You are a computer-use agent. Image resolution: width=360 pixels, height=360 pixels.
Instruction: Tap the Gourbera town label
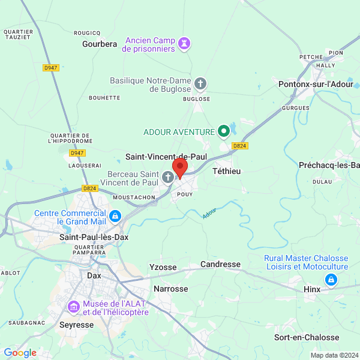click(x=100, y=44)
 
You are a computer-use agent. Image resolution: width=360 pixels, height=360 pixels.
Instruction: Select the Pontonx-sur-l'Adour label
click(x=316, y=85)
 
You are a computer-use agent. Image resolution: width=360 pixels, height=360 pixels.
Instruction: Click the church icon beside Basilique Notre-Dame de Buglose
click(x=200, y=84)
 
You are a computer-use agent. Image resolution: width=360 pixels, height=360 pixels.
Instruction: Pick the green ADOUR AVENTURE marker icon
click(x=224, y=130)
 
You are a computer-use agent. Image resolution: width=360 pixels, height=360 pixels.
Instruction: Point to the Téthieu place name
click(x=227, y=171)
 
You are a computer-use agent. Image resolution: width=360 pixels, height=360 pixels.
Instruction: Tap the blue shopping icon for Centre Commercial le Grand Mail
click(x=115, y=215)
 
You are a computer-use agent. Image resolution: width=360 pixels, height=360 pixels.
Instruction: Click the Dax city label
click(x=94, y=275)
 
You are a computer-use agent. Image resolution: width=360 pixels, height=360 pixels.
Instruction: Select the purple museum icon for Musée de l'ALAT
click(x=74, y=307)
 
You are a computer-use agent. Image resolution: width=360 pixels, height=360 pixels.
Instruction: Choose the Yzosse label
click(x=163, y=267)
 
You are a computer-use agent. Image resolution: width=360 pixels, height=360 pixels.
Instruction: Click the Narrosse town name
click(x=171, y=289)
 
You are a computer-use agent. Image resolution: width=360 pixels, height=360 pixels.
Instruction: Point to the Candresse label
click(x=220, y=264)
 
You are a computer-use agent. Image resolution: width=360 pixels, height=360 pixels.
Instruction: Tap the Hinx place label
click(x=312, y=289)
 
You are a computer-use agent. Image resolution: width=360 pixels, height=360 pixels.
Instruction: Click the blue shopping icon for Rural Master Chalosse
click(x=331, y=280)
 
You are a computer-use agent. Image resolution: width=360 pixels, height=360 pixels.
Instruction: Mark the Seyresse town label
click(x=77, y=324)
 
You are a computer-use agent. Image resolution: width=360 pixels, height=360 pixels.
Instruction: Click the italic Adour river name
click(x=209, y=212)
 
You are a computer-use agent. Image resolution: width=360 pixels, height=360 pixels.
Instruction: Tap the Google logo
click(x=20, y=353)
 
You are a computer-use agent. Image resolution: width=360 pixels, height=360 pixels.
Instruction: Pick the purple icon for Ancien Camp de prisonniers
click(x=184, y=43)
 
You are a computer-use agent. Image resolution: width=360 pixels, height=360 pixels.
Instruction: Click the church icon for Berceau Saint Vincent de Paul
click(x=169, y=176)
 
